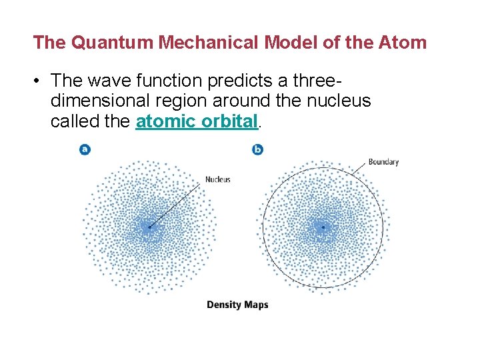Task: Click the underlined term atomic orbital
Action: pyautogui.click(x=196, y=122)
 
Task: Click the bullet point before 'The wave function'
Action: pyautogui.click(x=39, y=81)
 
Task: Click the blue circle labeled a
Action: pyautogui.click(x=85, y=149)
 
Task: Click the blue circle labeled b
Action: pyautogui.click(x=258, y=149)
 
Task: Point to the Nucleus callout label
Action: pyautogui.click(x=217, y=179)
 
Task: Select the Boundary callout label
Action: pyautogui.click(x=383, y=162)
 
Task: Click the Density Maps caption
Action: pyautogui.click(x=237, y=305)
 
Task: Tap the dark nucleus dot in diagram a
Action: pyautogui.click(x=149, y=227)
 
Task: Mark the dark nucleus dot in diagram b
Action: pyautogui.click(x=323, y=227)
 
